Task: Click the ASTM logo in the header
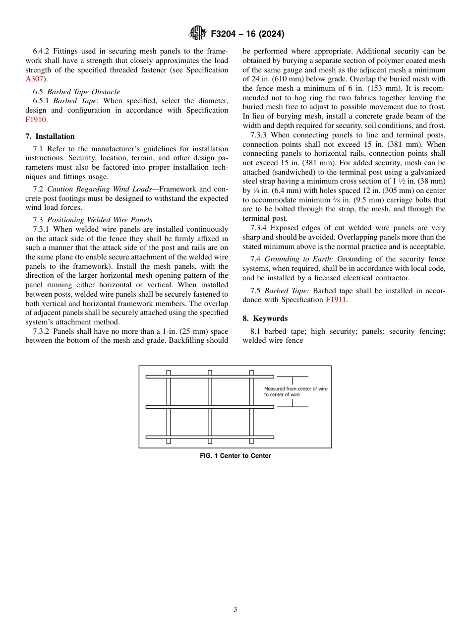tap(198, 34)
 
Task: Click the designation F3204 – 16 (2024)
tap(247, 34)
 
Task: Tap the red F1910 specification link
tap(35, 120)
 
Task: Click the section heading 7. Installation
tap(50, 136)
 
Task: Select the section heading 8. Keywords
tap(265, 318)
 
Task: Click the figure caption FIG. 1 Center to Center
tap(235, 456)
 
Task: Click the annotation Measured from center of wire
tap(295, 389)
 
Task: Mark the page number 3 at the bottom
tap(235, 610)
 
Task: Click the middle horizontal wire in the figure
tap(209, 407)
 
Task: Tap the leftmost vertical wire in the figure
tap(169, 407)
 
